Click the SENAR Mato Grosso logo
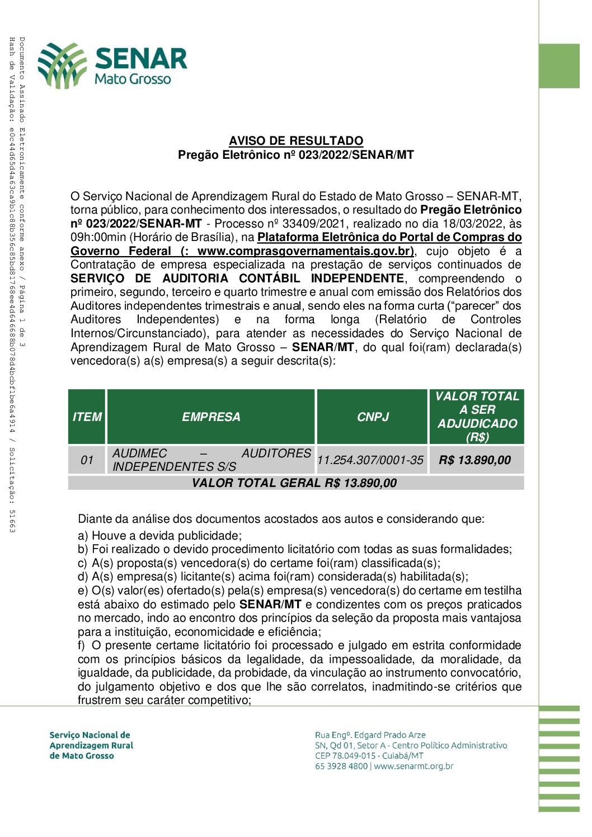[x=112, y=65]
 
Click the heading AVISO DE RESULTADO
[x=296, y=141]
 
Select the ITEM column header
[x=87, y=417]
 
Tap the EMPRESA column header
[x=211, y=417]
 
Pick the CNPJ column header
[x=373, y=417]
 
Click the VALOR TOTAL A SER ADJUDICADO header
[x=477, y=417]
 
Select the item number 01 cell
[x=87, y=460]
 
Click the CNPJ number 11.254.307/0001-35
[x=370, y=460]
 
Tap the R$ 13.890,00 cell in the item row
[x=475, y=460]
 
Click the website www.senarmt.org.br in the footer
[x=414, y=766]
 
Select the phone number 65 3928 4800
[x=341, y=766]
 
